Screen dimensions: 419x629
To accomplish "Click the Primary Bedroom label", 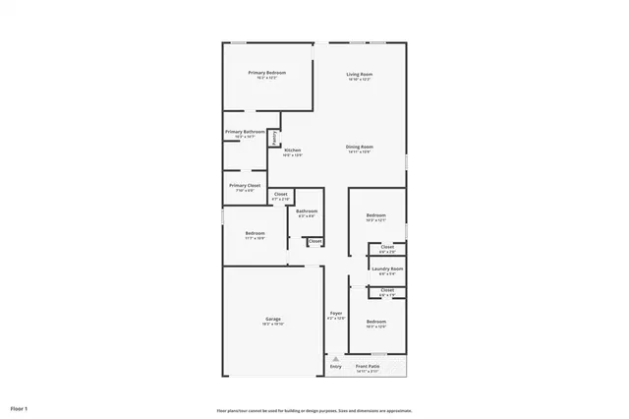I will point(267,73).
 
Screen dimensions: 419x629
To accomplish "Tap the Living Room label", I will point(359,74).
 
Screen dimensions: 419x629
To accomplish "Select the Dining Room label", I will point(359,148).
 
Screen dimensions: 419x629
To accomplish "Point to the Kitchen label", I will point(292,150).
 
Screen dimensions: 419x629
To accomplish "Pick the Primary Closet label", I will point(245,185).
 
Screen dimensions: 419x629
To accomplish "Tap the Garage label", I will point(273,320).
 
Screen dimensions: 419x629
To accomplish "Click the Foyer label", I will point(335,314).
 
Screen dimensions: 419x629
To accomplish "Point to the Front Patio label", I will point(381,366).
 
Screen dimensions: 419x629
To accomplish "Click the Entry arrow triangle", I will point(335,358).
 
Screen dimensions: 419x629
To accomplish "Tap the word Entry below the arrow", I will point(335,366).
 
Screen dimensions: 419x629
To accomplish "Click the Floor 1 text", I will point(20,407).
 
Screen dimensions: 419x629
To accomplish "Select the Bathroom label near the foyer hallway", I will point(307,210).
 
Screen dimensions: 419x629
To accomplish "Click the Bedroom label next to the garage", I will point(255,233).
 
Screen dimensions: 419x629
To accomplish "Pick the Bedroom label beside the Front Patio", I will point(376,322).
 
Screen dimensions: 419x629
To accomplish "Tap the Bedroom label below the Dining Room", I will point(376,215).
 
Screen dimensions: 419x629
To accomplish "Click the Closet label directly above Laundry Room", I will point(387,247).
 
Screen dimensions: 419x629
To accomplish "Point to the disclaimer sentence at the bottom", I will point(314,410).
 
